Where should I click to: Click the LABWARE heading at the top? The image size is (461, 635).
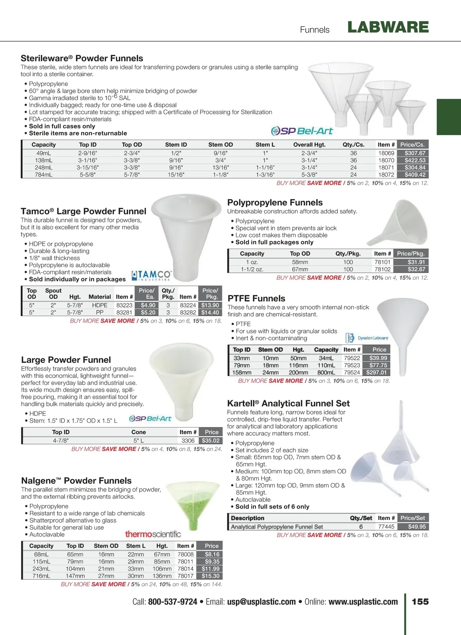click(x=388, y=27)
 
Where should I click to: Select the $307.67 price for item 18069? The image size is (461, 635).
click(x=415, y=153)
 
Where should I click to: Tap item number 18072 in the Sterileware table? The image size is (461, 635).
click(x=386, y=175)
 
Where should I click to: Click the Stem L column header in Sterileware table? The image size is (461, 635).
click(x=265, y=145)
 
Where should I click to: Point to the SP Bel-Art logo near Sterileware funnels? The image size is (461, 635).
click(x=302, y=131)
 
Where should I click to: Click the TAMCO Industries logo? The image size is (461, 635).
click(x=151, y=275)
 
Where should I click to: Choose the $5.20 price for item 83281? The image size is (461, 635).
click(x=148, y=313)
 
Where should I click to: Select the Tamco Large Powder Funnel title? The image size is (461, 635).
click(x=83, y=211)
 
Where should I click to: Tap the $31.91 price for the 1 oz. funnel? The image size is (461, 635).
click(x=416, y=262)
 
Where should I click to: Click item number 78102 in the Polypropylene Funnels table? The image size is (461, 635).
click(x=382, y=269)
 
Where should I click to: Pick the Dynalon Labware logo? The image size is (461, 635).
click(x=367, y=338)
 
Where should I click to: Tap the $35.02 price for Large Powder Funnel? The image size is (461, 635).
click(x=211, y=441)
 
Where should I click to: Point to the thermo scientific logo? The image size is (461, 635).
click(x=153, y=534)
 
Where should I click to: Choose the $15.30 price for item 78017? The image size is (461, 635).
click(x=211, y=576)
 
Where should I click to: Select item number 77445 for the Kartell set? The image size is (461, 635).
click(x=386, y=527)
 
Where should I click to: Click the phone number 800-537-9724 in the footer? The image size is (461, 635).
click(x=172, y=602)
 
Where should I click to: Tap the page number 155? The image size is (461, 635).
click(x=420, y=602)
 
